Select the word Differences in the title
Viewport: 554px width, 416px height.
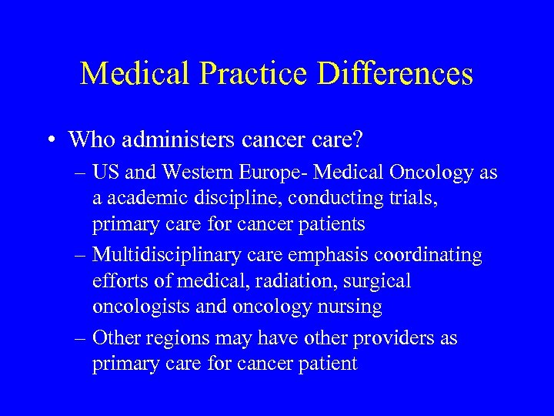click(395, 74)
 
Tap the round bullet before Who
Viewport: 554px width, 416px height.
click(48, 140)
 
